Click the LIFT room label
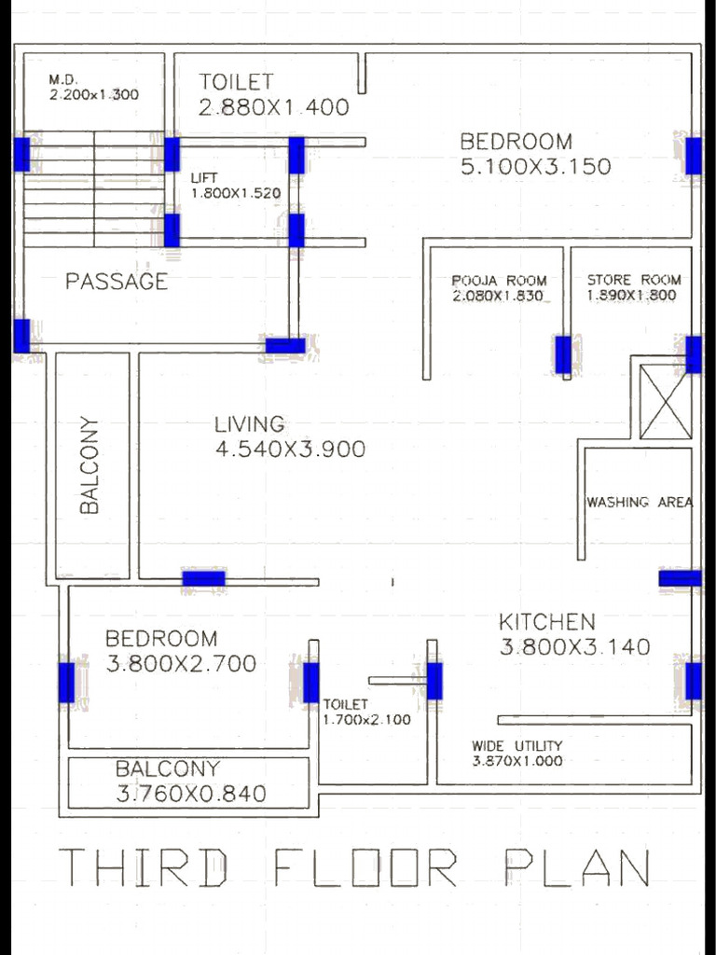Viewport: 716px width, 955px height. coord(204,178)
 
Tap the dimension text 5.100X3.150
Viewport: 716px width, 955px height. coord(536,167)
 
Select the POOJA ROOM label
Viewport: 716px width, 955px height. coord(500,281)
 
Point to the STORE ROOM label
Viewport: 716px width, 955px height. coord(634,280)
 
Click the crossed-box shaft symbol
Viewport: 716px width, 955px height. coord(666,401)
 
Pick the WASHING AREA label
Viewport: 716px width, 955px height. coord(640,503)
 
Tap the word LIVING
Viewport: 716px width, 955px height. coord(250,424)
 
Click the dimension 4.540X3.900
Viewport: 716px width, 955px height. coord(291,450)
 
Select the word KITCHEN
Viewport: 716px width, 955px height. coord(546,622)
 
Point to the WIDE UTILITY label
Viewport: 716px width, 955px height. coord(516,746)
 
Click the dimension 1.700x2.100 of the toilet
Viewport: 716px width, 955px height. coord(366,720)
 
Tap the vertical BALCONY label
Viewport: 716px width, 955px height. coord(89,465)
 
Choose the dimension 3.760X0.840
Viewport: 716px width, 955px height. coord(191,794)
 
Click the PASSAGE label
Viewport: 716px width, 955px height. coord(117,282)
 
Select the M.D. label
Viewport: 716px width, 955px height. coord(63,80)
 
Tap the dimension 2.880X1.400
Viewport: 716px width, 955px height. coord(274,107)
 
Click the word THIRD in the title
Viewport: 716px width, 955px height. coord(144,866)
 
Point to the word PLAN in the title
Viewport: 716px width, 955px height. coord(577,866)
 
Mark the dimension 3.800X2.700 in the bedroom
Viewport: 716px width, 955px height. coord(181,664)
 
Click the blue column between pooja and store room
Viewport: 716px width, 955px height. coord(563,353)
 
